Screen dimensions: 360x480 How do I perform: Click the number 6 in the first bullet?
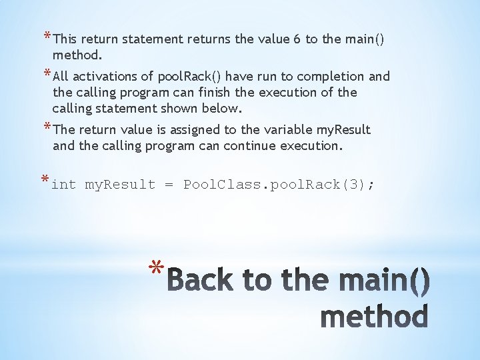coord(295,39)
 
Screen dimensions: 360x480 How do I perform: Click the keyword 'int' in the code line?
coord(63,185)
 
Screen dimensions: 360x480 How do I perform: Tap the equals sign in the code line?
coord(169,185)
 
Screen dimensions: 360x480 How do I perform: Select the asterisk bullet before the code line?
coord(45,181)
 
